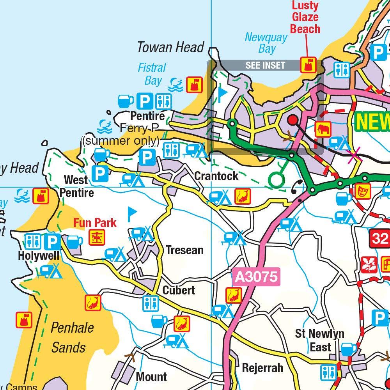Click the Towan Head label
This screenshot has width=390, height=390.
[170, 48]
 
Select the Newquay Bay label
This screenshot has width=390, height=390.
[266, 43]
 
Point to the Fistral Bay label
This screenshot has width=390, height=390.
[152, 74]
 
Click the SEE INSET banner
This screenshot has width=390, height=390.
[265, 65]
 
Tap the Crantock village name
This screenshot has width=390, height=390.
[216, 176]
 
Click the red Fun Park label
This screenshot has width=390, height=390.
[95, 223]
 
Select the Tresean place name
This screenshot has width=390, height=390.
[184, 250]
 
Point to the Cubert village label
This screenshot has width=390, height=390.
[179, 291]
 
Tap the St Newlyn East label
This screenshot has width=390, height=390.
[319, 340]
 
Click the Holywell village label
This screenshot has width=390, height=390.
[39, 256]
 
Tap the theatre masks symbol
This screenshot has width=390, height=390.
[363, 191]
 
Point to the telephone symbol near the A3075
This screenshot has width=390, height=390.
[297, 188]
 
